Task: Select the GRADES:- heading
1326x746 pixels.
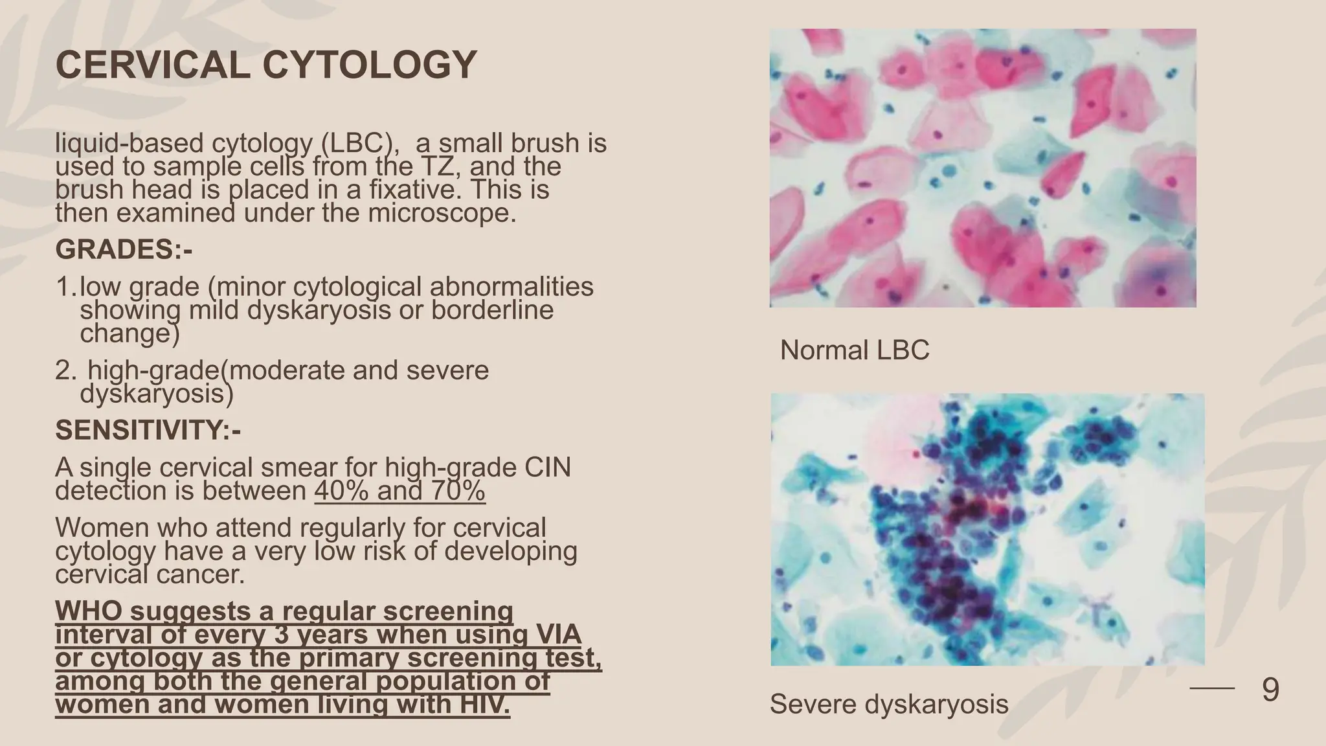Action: (x=124, y=250)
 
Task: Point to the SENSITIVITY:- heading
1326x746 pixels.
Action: (x=148, y=430)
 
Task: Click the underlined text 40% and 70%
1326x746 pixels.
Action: (x=399, y=491)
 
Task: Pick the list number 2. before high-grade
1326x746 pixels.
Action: (x=65, y=370)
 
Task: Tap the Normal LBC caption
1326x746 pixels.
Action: (x=854, y=350)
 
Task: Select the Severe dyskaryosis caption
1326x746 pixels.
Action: (x=889, y=704)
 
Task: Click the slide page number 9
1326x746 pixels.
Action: (x=1270, y=690)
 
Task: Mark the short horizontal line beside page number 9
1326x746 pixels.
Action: (x=1212, y=689)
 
